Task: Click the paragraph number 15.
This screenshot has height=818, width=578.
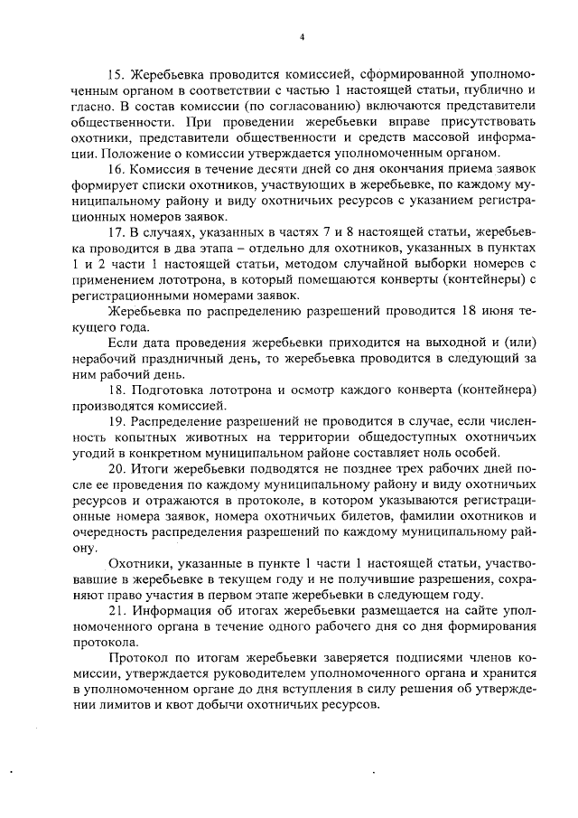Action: pos(117,72)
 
